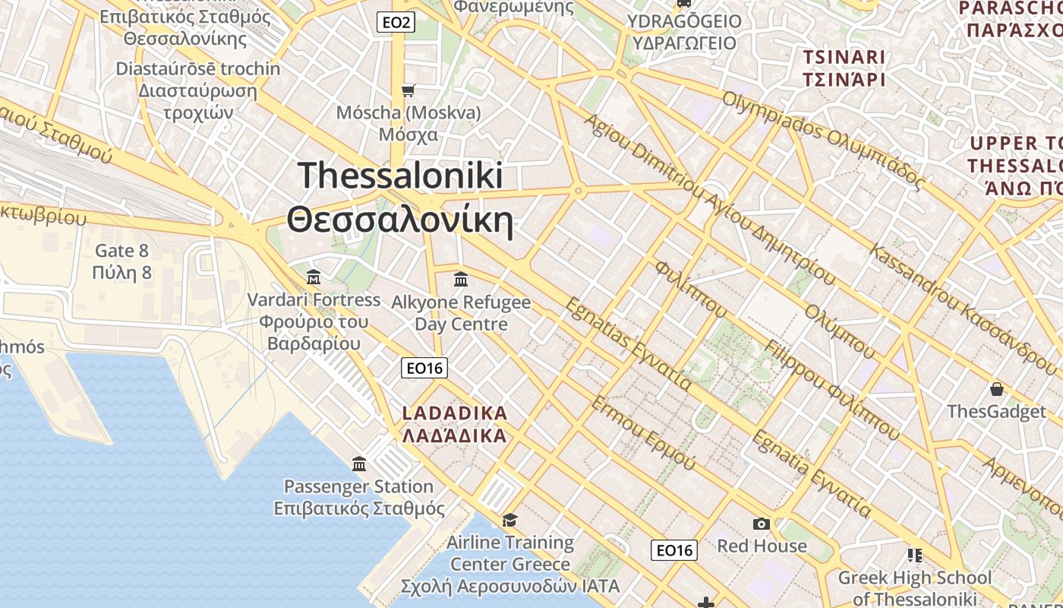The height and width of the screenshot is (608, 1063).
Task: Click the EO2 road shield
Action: tap(396, 23)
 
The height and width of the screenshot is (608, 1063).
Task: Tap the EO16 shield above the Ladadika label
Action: tap(424, 369)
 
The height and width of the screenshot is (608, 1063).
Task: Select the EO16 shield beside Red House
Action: tap(675, 550)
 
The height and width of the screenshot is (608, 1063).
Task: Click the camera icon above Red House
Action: tap(761, 524)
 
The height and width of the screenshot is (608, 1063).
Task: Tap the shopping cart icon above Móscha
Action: tap(408, 91)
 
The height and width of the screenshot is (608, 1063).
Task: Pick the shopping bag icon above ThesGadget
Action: tap(996, 390)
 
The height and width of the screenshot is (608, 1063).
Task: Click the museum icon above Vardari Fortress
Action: tap(313, 277)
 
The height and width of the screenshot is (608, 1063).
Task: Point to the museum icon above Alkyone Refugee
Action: tap(460, 280)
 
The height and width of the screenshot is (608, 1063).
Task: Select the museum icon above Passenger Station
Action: tap(359, 464)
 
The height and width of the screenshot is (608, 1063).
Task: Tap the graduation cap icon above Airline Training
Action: tap(509, 520)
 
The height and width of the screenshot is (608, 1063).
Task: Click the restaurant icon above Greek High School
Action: tap(914, 556)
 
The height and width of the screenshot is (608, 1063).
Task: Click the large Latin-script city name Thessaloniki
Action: tap(400, 176)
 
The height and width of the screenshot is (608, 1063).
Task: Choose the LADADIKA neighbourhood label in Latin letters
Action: tap(454, 413)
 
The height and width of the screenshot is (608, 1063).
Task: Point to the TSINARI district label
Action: tap(844, 57)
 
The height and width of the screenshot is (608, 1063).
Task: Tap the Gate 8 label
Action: tap(121, 251)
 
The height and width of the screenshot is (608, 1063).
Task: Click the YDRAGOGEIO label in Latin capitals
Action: tap(684, 21)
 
